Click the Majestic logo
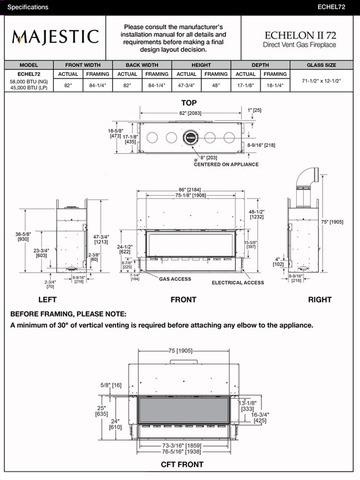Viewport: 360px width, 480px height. tap(55, 36)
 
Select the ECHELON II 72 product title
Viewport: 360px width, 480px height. tap(300, 35)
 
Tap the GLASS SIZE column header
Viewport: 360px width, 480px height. tap(321, 65)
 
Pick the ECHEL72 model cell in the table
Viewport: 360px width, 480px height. tap(29, 74)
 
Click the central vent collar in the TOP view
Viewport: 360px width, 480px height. tap(191, 138)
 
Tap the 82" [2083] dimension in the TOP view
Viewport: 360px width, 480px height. tap(191, 113)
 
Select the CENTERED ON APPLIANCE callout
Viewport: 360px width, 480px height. tap(226, 165)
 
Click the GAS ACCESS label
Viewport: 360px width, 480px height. tap(175, 279)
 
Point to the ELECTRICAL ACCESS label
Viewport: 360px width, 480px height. tap(238, 283)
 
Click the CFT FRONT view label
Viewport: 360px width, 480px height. tap(182, 464)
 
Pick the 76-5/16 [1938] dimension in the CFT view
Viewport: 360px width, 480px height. tap(181, 452)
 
